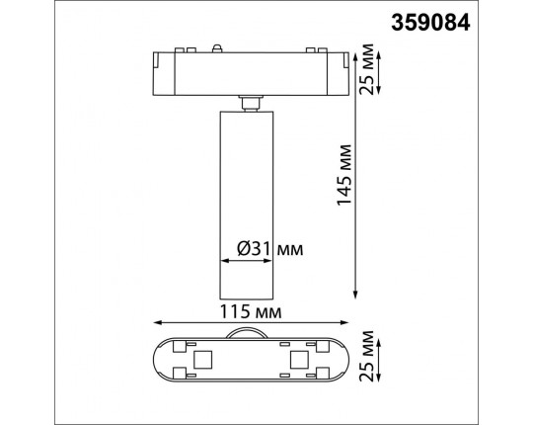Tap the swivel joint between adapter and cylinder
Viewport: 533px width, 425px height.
[x=249, y=101]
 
